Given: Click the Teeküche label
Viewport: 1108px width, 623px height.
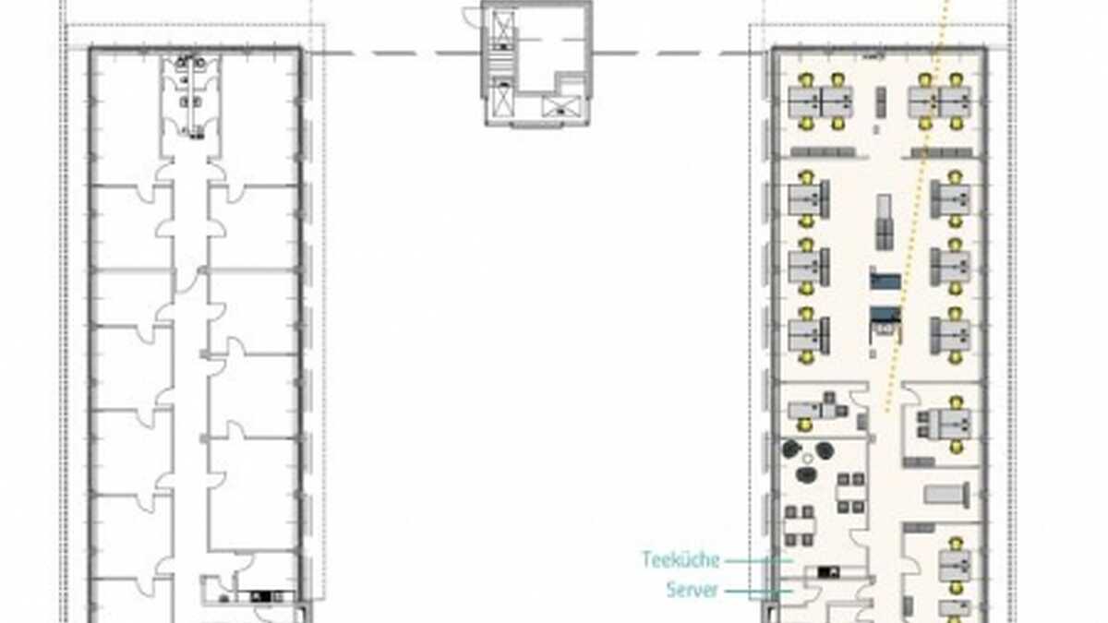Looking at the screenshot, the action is click(x=680, y=559).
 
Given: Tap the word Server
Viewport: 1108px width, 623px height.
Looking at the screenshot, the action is click(x=692, y=590).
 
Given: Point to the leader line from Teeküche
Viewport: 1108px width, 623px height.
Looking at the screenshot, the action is click(x=759, y=561).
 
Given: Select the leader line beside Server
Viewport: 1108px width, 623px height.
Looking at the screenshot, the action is click(x=759, y=591).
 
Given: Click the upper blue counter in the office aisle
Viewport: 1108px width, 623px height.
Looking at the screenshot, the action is click(x=885, y=280).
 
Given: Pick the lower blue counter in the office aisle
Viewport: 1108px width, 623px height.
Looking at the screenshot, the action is click(x=885, y=315).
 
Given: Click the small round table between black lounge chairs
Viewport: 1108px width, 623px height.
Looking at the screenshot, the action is click(x=807, y=460).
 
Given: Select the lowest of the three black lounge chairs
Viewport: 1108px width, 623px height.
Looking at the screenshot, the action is click(x=806, y=475).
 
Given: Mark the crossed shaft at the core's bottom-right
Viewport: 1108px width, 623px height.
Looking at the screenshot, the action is click(x=560, y=107).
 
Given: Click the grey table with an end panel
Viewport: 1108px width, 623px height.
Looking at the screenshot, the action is click(x=946, y=495).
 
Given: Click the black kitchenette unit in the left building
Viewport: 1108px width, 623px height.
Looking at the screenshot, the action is click(x=261, y=596).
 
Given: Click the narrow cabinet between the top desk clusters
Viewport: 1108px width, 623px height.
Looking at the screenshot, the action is click(x=881, y=102).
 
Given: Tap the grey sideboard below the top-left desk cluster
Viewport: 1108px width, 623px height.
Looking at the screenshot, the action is click(x=823, y=151).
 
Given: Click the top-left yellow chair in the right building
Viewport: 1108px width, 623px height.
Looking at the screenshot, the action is click(x=806, y=79).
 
